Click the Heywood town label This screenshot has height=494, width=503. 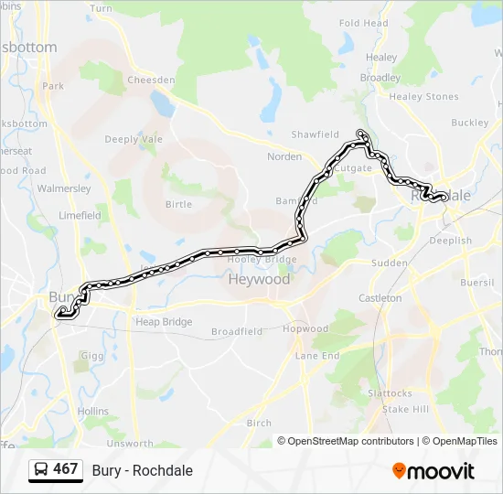(259, 279)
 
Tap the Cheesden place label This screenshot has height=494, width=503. (151, 80)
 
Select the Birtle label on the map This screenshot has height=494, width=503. (178, 204)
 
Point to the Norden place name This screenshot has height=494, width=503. (284, 156)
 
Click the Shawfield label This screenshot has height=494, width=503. (315, 134)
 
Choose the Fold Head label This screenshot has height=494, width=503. (363, 23)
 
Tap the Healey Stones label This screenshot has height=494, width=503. (423, 96)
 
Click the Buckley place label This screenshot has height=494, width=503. (470, 122)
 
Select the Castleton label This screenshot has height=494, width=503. (380, 298)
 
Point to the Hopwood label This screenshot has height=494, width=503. (305, 328)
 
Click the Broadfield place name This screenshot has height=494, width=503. (237, 331)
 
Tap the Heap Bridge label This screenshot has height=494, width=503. (164, 322)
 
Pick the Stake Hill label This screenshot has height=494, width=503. (405, 409)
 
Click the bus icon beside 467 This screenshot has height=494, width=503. (41, 470)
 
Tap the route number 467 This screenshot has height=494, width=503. (66, 469)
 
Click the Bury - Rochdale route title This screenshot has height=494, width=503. (142, 470)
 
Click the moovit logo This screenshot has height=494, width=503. (433, 471)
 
